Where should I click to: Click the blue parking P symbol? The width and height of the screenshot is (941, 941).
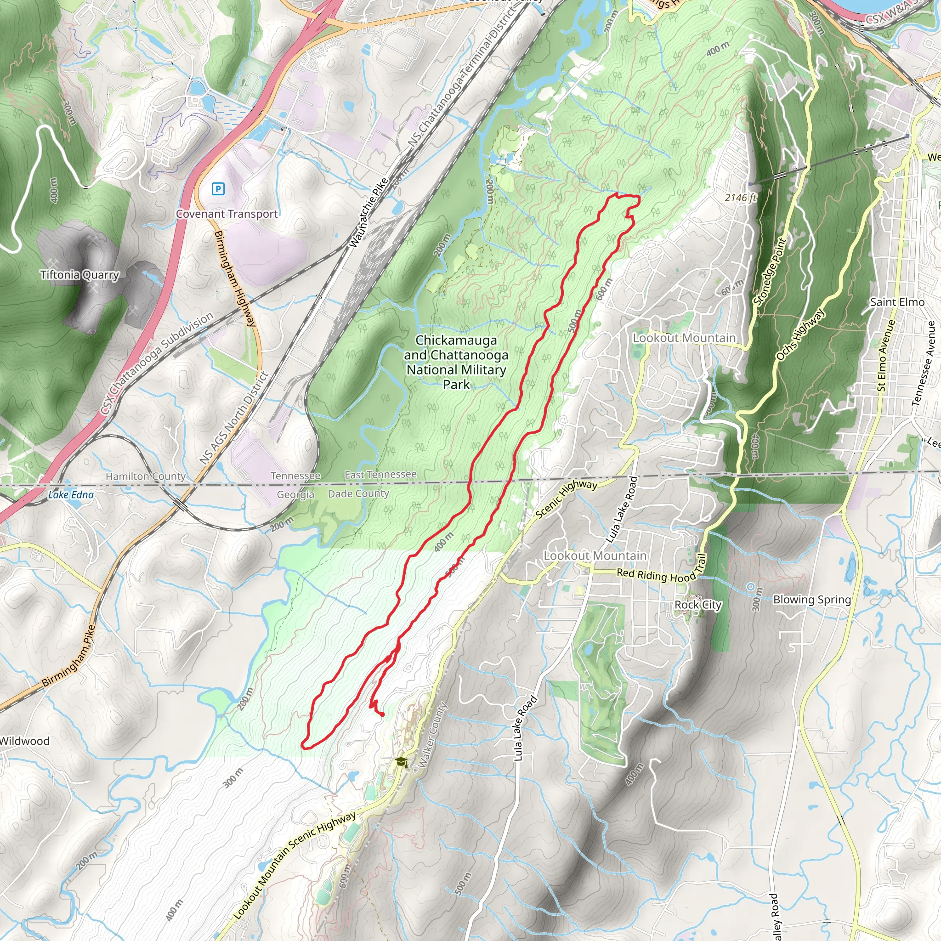click(218, 188)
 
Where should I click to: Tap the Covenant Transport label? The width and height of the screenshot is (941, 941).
click(227, 214)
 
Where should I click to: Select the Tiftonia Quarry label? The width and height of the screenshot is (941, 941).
click(80, 275)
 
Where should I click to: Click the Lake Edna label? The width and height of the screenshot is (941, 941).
click(71, 495)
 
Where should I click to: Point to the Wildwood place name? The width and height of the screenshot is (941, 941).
click(24, 741)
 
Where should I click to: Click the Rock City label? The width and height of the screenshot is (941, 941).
click(697, 605)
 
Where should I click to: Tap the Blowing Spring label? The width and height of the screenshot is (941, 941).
click(812, 600)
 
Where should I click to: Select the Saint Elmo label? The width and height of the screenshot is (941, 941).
click(897, 302)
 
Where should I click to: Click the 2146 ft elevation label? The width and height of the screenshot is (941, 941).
click(740, 197)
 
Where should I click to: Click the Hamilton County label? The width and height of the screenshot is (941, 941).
click(146, 476)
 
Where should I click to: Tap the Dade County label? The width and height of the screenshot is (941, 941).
click(358, 493)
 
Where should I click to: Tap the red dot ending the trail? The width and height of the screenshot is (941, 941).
click(382, 714)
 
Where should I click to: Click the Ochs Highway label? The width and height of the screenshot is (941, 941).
click(800, 334)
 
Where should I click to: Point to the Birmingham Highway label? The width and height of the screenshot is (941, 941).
click(235, 278)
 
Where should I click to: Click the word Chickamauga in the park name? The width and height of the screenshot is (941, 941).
click(456, 340)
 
